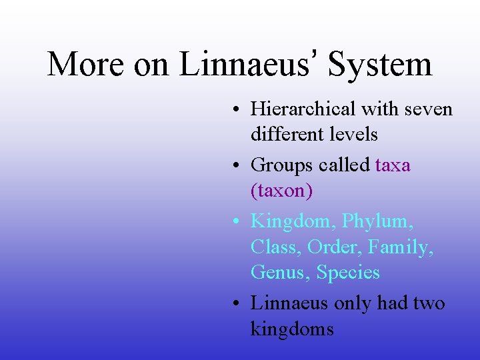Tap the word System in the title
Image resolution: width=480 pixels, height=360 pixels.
click(x=381, y=65)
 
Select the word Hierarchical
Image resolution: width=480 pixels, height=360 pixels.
click(x=304, y=109)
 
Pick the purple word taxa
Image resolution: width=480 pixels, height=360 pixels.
click(x=393, y=165)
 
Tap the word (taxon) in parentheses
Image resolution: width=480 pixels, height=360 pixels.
click(x=281, y=191)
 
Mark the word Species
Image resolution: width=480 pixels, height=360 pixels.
click(x=348, y=272)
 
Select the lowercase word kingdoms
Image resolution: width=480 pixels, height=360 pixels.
click(x=292, y=329)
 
